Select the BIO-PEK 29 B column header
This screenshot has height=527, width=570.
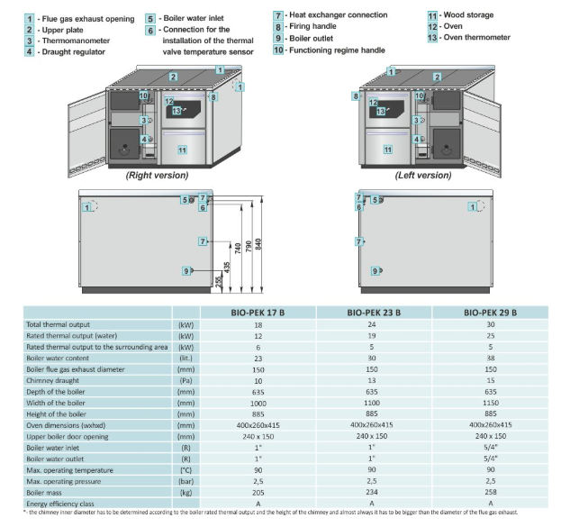[x=490, y=313]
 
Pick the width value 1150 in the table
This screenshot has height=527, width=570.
[x=490, y=403]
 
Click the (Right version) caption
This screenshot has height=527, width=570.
[x=157, y=175]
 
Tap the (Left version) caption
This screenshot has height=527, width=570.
[x=422, y=175]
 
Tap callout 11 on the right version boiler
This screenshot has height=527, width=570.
[x=182, y=150]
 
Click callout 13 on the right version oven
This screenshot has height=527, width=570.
[x=177, y=111]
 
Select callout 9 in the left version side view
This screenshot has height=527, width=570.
[x=374, y=270]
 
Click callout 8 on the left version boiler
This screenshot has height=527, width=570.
[x=357, y=95]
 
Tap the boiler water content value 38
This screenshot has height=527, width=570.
[x=490, y=358]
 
